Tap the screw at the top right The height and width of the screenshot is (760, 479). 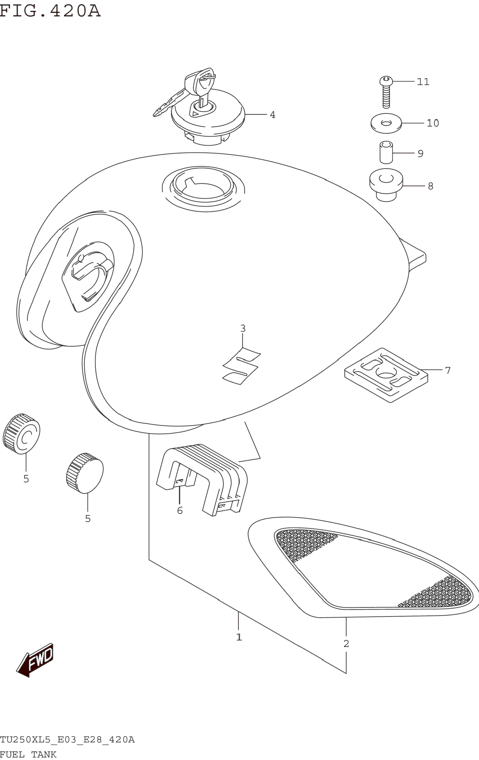point(386,92)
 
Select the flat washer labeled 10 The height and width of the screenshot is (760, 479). point(386,123)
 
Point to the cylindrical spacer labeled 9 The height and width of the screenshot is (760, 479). point(386,153)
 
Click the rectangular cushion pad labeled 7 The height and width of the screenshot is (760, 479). point(386,375)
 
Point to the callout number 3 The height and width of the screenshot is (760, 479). point(243,329)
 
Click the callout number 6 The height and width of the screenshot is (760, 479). point(180,510)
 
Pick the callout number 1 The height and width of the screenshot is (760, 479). point(239,637)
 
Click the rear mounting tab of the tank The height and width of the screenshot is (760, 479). point(414,254)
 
